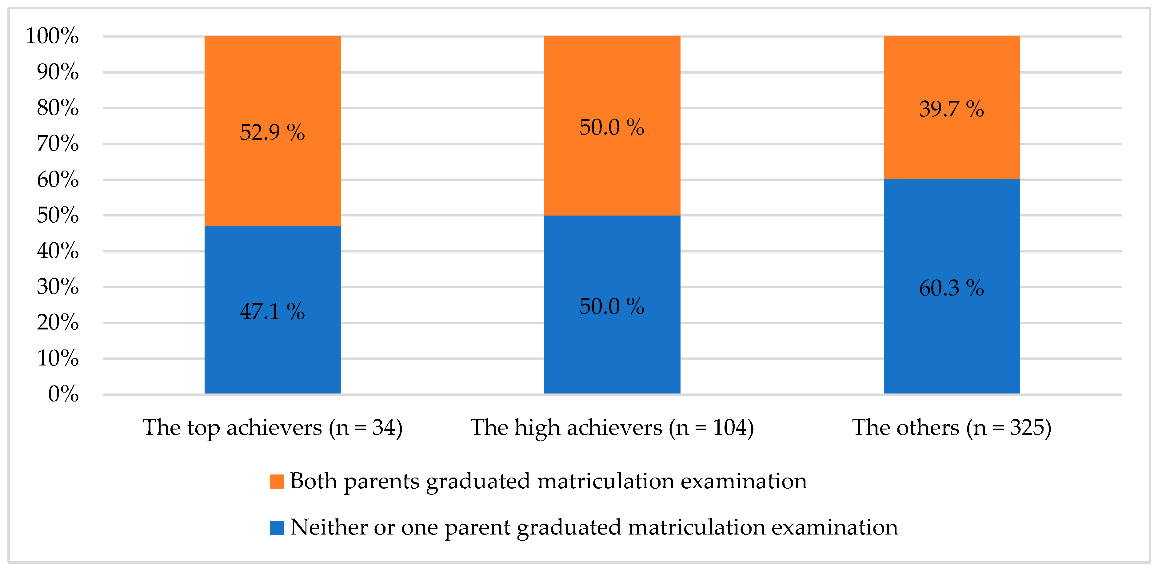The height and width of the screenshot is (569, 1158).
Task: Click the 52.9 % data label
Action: point(272,132)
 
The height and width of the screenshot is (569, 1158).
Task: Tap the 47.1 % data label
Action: point(272,311)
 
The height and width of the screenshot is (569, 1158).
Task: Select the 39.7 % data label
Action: point(951,109)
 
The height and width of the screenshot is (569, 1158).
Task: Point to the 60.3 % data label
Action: point(951,288)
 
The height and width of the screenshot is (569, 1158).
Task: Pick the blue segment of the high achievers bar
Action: point(612,351)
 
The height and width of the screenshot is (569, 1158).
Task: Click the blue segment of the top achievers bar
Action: point(272,355)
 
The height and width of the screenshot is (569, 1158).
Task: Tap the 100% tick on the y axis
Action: point(52,36)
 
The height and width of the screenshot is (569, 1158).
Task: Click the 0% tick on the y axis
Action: point(63,394)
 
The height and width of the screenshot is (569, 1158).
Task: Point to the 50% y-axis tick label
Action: point(58,215)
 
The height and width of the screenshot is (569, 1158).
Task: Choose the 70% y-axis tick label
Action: point(58,143)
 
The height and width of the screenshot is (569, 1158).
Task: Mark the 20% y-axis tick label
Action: point(58,322)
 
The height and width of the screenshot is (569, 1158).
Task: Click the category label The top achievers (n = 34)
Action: point(272,427)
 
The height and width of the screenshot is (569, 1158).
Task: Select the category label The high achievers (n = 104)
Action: point(612,427)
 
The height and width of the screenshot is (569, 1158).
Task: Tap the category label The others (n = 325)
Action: point(952,427)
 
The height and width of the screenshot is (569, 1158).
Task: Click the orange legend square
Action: point(277,481)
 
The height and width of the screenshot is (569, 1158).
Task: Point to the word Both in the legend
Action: point(313,481)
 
